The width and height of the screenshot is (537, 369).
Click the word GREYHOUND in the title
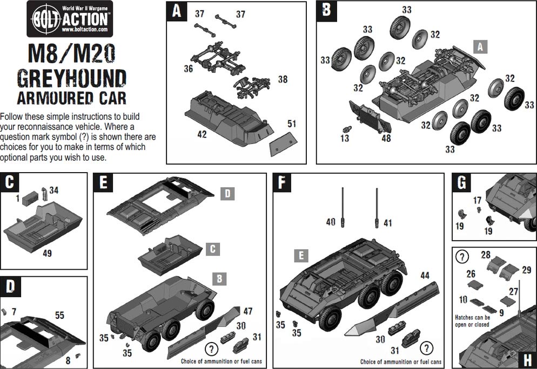click(71, 78)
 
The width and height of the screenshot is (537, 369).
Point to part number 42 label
click(202, 134)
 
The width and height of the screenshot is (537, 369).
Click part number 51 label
click(292, 124)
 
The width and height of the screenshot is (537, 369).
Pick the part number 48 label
click(386, 138)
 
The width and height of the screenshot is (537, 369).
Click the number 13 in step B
click(345, 139)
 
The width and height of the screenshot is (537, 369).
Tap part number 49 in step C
click(47, 252)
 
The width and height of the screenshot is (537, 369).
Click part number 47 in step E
click(248, 311)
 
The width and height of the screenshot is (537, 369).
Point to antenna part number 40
click(331, 222)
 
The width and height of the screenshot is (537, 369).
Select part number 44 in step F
click(425, 276)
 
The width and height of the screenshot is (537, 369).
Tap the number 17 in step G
click(477, 201)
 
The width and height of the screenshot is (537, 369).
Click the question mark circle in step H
click(462, 256)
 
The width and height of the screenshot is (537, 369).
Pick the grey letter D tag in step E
click(227, 193)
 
